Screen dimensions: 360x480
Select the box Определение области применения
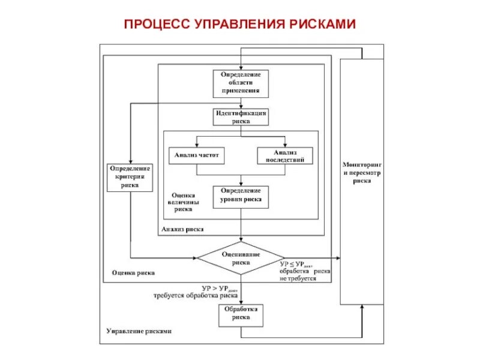[x=241, y=83]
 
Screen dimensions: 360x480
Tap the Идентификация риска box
[x=241, y=116]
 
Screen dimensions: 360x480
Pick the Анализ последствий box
[x=286, y=155]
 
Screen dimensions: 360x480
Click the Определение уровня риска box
[x=241, y=195]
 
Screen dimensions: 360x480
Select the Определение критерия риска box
[x=130, y=177]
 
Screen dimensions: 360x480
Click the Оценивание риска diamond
[x=241, y=258]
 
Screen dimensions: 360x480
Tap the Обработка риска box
[x=241, y=314]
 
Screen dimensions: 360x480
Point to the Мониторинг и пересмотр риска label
[x=362, y=172]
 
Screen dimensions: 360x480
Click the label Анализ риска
[x=182, y=229]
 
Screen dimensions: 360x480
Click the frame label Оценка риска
[x=133, y=272]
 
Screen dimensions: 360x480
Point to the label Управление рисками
[x=139, y=331]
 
